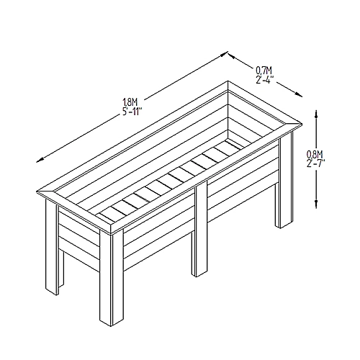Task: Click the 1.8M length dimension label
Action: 130,103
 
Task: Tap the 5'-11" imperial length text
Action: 131,112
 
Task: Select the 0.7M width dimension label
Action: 264,71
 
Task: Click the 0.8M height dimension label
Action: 315,153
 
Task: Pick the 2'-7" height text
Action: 316,163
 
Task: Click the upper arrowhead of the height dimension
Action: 316,114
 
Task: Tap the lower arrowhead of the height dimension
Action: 316,204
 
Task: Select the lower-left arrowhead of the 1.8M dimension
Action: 40,160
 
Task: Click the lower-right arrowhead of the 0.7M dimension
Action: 299,94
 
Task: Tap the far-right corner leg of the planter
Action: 285,179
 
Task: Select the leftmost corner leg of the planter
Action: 52,247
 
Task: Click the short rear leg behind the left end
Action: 61,269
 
